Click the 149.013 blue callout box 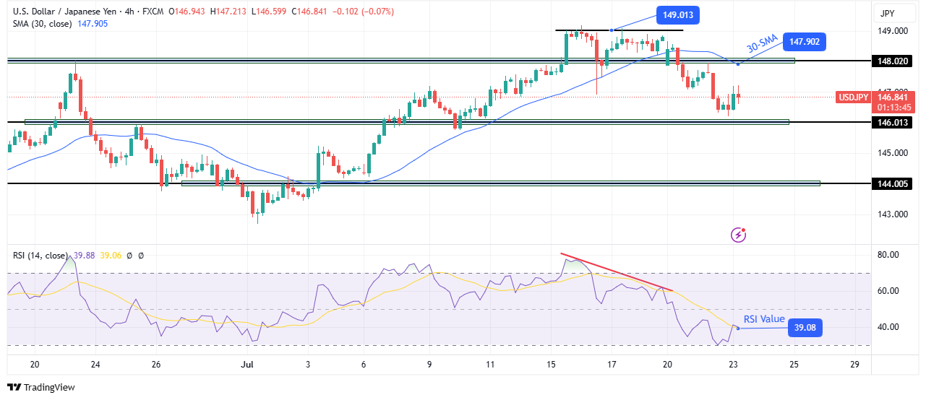[x=678, y=15]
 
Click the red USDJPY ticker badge [x=853, y=97]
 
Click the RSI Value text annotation [x=764, y=319]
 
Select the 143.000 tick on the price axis [x=893, y=214]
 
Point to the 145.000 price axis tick [x=893, y=153]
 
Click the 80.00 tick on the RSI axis [x=888, y=255]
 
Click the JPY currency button [x=887, y=13]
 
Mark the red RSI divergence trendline [x=617, y=272]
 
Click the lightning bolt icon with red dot [x=739, y=235]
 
